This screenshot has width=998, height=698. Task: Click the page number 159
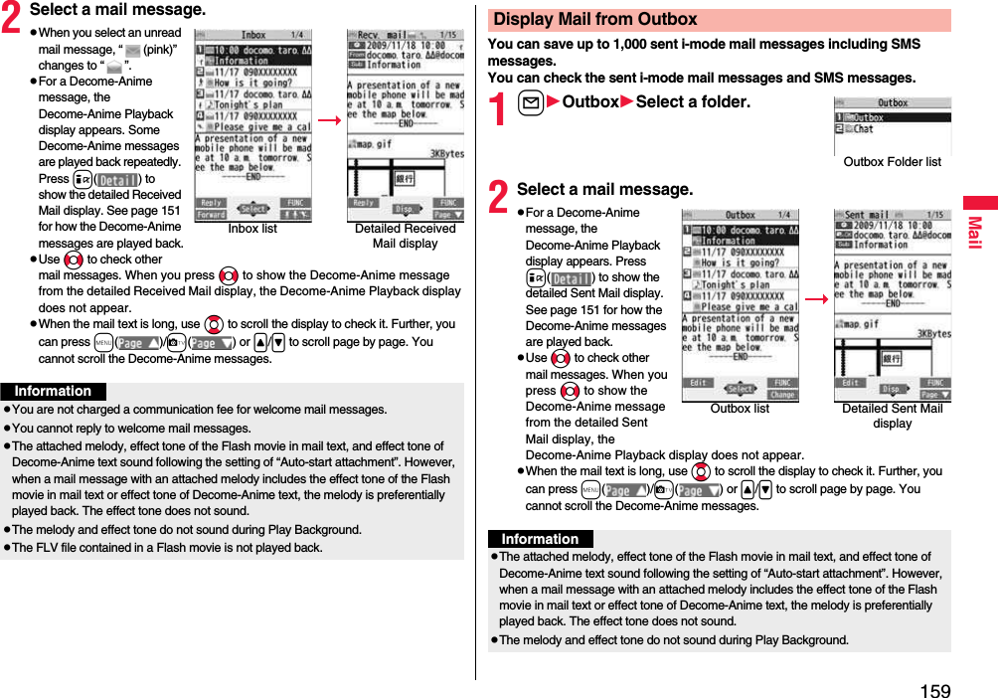[x=934, y=689]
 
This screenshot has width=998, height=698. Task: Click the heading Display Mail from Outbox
[x=595, y=19]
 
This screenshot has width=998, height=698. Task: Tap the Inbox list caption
[x=252, y=229]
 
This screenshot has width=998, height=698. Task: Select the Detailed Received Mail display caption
[x=405, y=236]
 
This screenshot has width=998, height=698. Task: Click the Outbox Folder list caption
[x=892, y=162]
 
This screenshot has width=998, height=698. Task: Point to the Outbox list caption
[x=740, y=409]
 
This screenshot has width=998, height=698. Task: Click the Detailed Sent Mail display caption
[x=892, y=416]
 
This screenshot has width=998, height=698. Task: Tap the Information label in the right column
[x=540, y=539]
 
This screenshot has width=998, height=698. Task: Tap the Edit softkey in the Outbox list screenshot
[x=699, y=383]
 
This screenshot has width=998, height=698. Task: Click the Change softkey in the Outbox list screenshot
[x=781, y=395]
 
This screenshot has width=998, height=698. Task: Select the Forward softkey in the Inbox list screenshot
[x=211, y=214]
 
